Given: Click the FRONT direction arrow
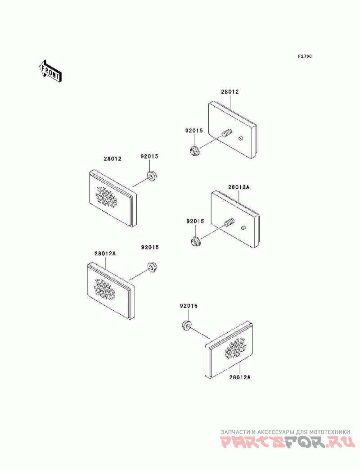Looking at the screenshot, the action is pyautogui.click(x=50, y=71).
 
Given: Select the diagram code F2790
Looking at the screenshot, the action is pyautogui.click(x=305, y=56).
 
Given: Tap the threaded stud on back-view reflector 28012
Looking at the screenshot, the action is pyautogui.click(x=227, y=132).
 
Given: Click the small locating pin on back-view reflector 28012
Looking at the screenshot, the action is pyautogui.click(x=241, y=139).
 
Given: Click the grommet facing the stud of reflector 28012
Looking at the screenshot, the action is pyautogui.click(x=194, y=150).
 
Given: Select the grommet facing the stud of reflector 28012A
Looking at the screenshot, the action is pyautogui.click(x=196, y=241).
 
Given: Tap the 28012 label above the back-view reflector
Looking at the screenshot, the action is pyautogui.click(x=230, y=91).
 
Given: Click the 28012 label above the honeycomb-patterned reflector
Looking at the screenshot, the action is pyautogui.click(x=112, y=159).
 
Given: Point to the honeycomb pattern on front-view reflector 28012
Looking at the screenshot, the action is pyautogui.click(x=106, y=197).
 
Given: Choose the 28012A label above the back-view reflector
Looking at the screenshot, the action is pyautogui.click(x=238, y=187).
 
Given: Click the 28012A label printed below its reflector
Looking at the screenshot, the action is pyautogui.click(x=240, y=377).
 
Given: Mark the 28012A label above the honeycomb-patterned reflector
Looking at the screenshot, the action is pyautogui.click(x=105, y=253).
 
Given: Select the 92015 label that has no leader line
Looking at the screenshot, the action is pyautogui.click(x=150, y=247).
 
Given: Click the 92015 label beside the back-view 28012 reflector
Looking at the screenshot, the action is pyautogui.click(x=193, y=131).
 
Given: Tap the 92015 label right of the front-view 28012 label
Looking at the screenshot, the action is pyautogui.click(x=149, y=156).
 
